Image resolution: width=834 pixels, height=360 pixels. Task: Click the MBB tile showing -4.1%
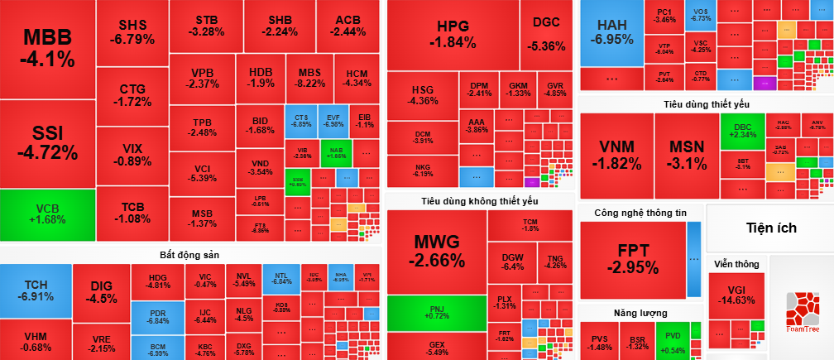pos(47,48)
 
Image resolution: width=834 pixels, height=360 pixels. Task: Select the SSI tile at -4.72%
pos(47,143)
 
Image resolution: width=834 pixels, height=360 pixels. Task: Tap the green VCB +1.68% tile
pos(47,214)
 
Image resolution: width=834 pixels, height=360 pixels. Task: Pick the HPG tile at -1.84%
pos(453,34)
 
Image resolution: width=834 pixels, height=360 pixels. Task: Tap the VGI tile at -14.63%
pos(736,295)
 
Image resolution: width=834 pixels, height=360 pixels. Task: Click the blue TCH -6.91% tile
pos(36,290)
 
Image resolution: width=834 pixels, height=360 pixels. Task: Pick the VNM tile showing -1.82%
pos(616,155)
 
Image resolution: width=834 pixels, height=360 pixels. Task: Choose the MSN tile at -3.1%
pos(687,155)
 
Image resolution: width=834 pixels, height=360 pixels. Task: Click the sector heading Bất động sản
pos(189,253)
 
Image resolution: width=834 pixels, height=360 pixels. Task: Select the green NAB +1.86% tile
pos(336,152)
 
